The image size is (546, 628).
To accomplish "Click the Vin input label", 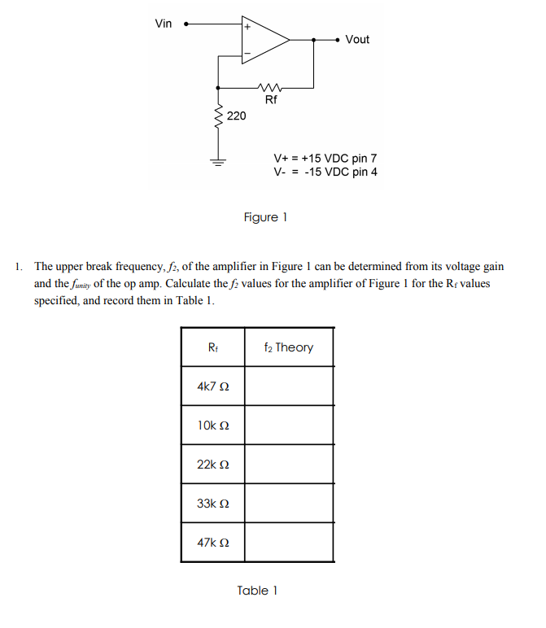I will click(x=164, y=24).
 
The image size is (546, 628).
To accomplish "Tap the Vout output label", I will click(x=357, y=39).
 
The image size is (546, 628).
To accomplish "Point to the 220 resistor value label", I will click(x=236, y=116).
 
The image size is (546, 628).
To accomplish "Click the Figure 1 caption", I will click(x=265, y=217).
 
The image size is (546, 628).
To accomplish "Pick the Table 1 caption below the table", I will click(x=257, y=591).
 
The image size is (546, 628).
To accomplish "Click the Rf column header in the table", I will click(x=213, y=347).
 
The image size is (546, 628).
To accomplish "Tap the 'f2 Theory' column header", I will click(x=289, y=347).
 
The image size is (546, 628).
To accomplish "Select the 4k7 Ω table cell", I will click(x=213, y=386).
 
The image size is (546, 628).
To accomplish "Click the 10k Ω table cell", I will click(x=213, y=425).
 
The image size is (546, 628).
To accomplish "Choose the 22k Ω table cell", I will click(x=213, y=464).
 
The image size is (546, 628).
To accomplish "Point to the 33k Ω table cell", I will click(x=213, y=504).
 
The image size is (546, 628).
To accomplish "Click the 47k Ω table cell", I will click(x=213, y=543).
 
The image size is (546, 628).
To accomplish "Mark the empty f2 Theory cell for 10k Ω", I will click(x=289, y=425).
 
